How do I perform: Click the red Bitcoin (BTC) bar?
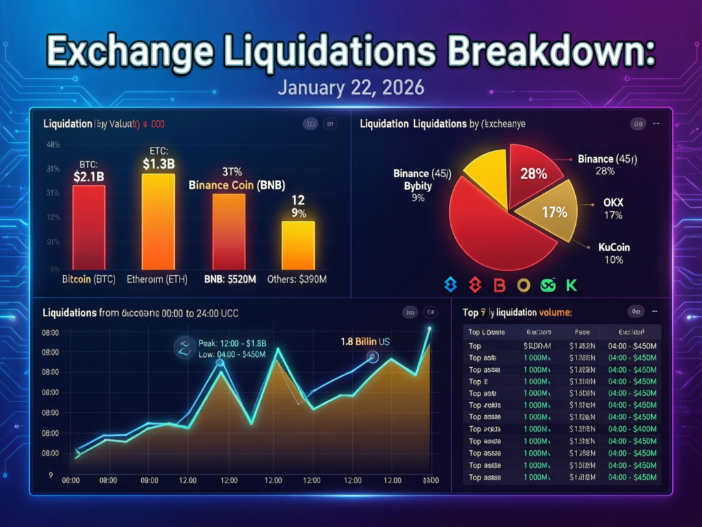pos(88,226)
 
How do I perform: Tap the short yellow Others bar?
pos(298,245)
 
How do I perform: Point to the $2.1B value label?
pos(88,176)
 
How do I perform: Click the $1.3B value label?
pos(158,164)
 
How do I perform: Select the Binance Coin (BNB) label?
pos(237,185)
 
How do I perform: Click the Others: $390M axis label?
pos(297,279)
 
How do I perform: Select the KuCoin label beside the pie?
pos(614,247)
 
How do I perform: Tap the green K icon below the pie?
pos(571,284)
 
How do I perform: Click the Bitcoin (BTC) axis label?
pos(87,279)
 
